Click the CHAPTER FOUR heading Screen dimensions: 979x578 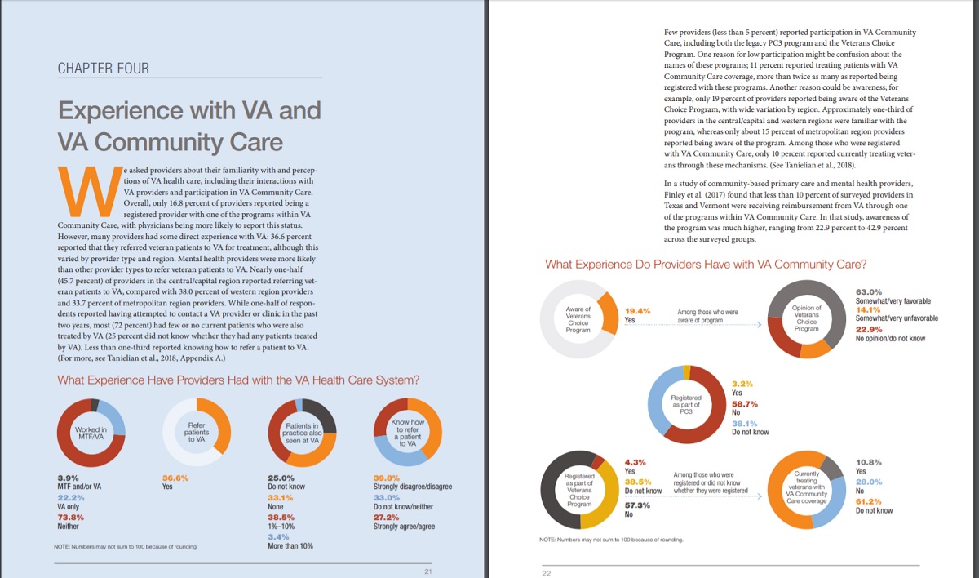(x=103, y=69)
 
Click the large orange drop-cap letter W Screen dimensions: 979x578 (x=90, y=192)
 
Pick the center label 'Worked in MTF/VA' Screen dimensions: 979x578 (x=91, y=433)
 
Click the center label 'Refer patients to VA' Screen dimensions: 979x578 (x=197, y=432)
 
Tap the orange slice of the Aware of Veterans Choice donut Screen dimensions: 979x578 (x=609, y=313)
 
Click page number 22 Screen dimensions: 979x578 (x=547, y=573)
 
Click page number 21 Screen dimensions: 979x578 (x=427, y=571)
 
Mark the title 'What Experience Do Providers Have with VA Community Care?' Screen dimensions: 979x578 (x=706, y=264)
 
